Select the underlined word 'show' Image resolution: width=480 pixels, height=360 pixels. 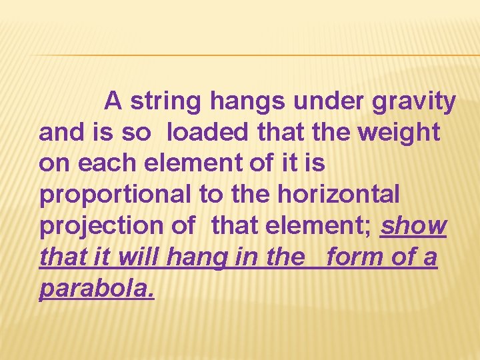413,226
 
